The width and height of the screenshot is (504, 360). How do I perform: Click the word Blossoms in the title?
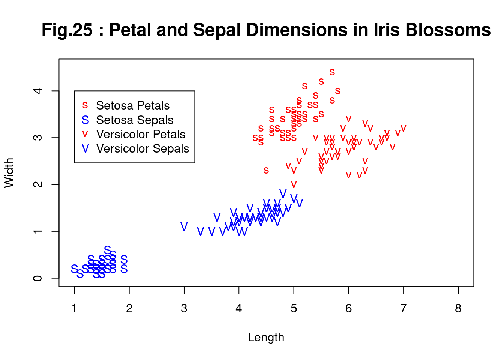448,30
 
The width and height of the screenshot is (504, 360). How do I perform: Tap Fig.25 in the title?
67,30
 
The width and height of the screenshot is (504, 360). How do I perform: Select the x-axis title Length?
266,337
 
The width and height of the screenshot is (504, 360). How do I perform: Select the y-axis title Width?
9,173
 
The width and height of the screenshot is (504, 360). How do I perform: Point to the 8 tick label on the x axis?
458,308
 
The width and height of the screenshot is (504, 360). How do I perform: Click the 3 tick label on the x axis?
184,308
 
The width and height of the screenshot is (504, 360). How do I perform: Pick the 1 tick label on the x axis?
74,308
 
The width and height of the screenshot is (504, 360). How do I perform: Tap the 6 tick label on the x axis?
348,308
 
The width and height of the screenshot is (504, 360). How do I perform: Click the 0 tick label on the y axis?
37,278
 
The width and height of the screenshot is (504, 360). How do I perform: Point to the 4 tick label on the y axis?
37,91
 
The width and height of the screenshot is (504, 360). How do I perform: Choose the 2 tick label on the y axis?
37,184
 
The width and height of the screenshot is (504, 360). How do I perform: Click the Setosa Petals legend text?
133,105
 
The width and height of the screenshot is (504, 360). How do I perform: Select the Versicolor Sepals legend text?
142,148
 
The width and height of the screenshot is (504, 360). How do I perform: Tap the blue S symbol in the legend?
85,120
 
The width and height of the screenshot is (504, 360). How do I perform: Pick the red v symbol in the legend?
85,134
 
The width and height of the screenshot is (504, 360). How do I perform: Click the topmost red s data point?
332,72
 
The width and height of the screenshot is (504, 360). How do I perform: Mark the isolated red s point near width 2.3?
266,171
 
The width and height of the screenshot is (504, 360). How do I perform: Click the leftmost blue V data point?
184,226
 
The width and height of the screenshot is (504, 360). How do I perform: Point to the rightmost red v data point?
403,129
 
